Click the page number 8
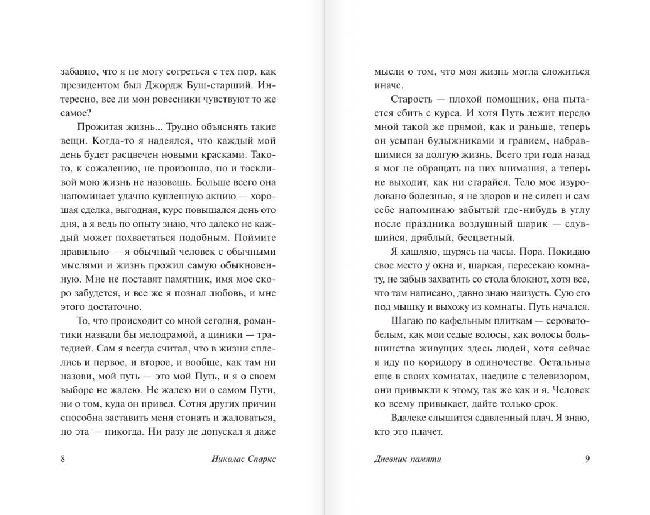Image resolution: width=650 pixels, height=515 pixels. coord(63,460)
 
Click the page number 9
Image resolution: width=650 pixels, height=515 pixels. coord(587,460)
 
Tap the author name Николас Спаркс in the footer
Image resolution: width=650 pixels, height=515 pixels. coord(243,460)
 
